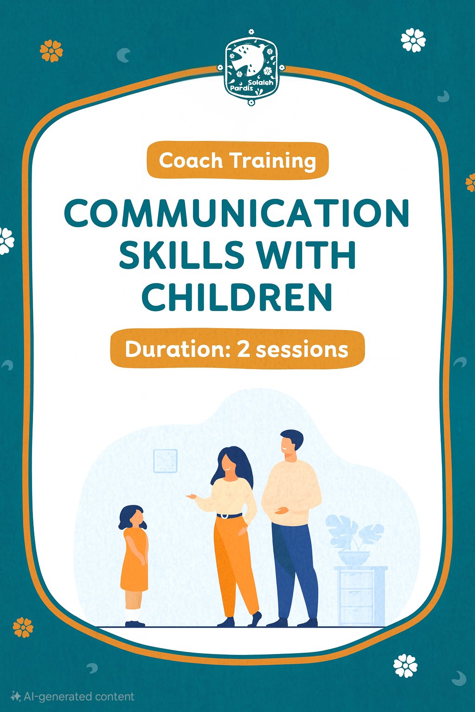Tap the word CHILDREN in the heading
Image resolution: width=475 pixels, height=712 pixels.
click(x=237, y=297)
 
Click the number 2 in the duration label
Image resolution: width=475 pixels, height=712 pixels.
click(x=243, y=350)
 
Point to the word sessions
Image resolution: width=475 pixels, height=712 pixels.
click(x=302, y=350)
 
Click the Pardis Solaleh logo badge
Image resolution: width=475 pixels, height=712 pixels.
click(x=250, y=67)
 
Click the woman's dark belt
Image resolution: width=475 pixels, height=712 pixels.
click(x=229, y=515)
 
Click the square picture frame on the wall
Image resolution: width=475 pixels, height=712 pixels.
click(x=166, y=461)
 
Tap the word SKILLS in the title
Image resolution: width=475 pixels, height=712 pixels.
click(x=180, y=255)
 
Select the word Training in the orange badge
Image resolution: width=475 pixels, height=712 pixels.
click(x=273, y=161)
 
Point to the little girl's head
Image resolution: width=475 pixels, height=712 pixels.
click(x=133, y=517)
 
